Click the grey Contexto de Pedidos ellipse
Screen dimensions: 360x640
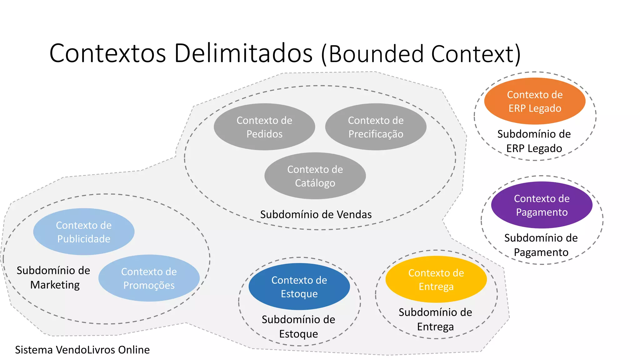[x=264, y=127]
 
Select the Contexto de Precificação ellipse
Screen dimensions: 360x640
[x=376, y=127]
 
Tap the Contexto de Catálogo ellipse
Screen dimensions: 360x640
[x=315, y=176]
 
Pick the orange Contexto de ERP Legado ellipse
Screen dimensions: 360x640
[x=535, y=101]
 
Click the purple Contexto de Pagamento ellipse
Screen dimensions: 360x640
[x=542, y=205]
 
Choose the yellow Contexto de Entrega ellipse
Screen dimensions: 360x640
[x=436, y=279]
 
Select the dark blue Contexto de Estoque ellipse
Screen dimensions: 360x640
[x=299, y=287]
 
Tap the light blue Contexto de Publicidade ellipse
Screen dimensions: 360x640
[x=84, y=232]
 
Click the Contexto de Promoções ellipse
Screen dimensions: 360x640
[x=149, y=278]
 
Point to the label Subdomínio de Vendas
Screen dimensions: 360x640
[x=316, y=215]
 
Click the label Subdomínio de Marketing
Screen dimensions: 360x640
[x=53, y=277]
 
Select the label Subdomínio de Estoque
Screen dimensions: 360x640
[x=298, y=327]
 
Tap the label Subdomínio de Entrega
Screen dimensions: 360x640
[x=435, y=319]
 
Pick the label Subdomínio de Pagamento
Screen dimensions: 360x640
[x=541, y=245]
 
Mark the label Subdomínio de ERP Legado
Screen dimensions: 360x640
[x=534, y=141]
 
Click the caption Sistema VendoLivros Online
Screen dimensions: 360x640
[x=82, y=350]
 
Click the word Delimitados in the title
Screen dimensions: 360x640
[x=243, y=53]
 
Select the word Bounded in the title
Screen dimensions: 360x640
[x=376, y=54]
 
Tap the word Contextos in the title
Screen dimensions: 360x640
[x=107, y=53]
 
